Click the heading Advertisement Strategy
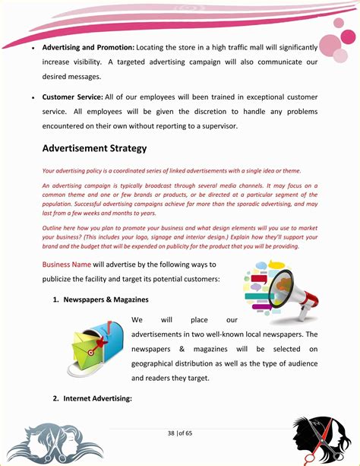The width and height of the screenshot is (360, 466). tap(94, 148)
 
